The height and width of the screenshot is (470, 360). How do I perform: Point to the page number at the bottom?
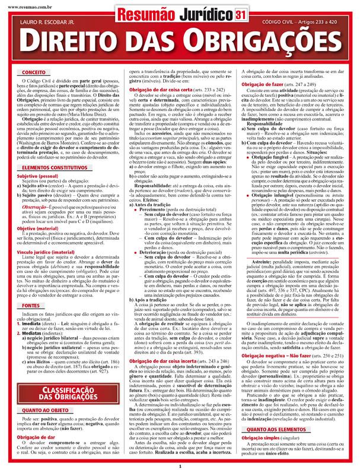pos(180,466)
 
